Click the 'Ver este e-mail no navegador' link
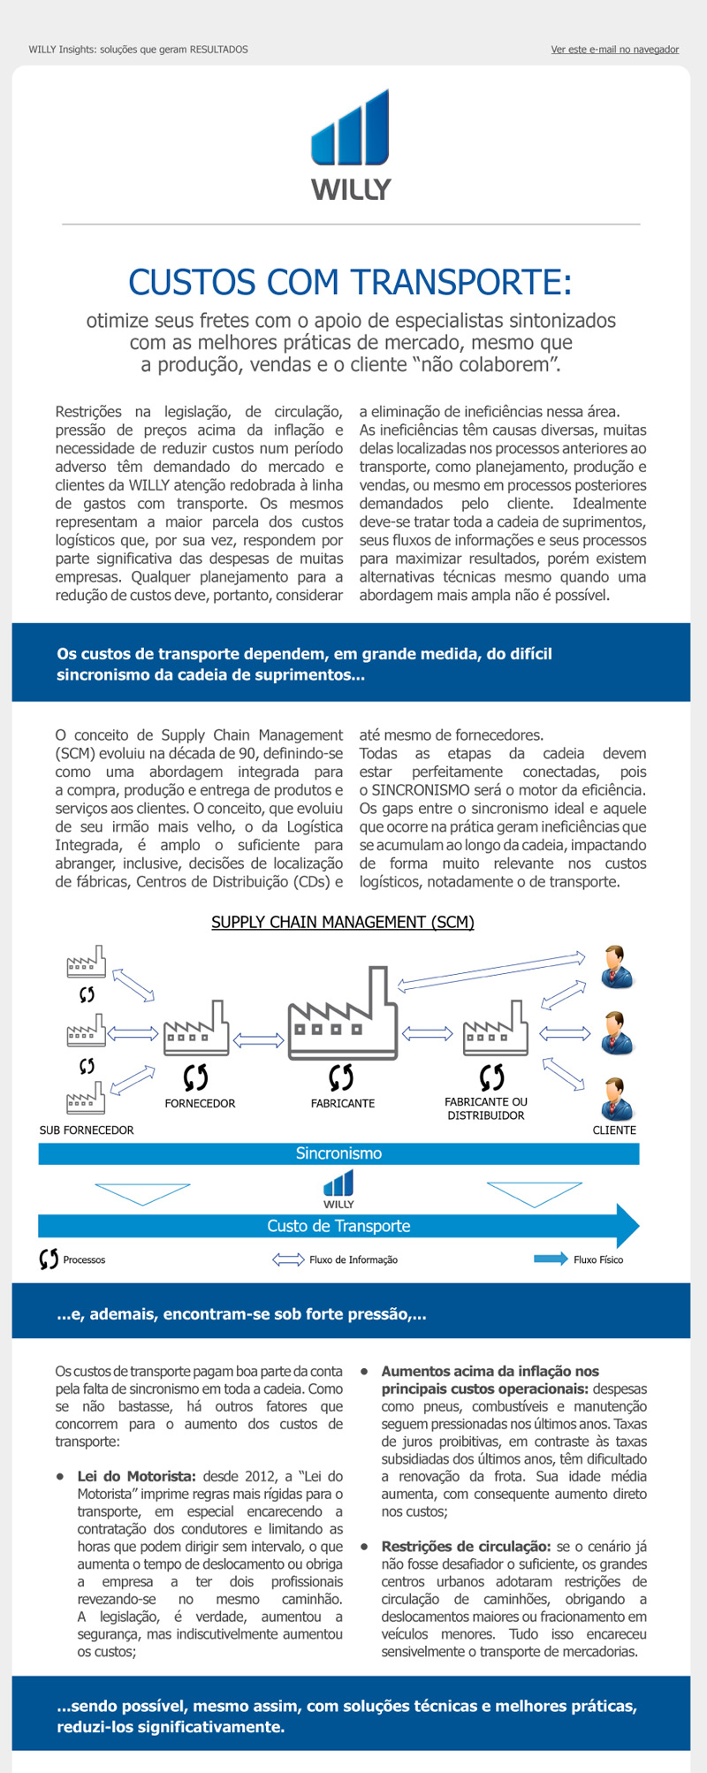click(614, 49)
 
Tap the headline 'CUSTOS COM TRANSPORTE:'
click(351, 283)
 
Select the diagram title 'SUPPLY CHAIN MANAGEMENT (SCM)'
click(343, 922)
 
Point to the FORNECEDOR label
click(200, 1103)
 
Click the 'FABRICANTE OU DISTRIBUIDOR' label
click(486, 1108)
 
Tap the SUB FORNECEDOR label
click(87, 1130)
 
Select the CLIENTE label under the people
click(614, 1130)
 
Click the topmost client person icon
click(616, 966)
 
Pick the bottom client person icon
click(616, 1099)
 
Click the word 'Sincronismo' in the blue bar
click(338, 1153)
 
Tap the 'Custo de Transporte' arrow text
click(338, 1226)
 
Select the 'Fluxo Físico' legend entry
click(597, 1259)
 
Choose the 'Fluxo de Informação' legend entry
click(353, 1259)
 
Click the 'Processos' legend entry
click(83, 1259)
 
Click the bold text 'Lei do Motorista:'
click(137, 1476)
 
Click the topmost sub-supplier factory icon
click(87, 963)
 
